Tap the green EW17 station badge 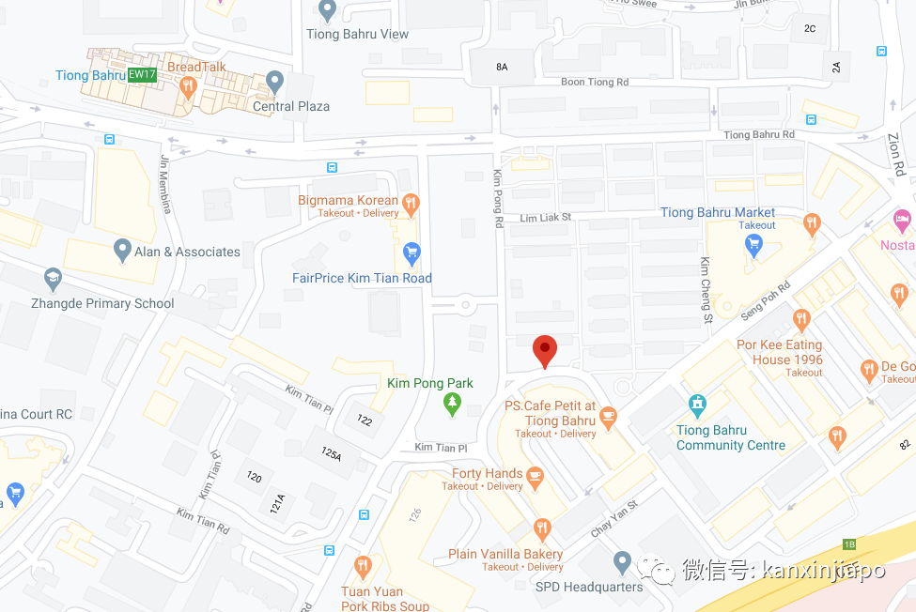tap(141, 75)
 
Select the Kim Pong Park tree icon tap(453, 404)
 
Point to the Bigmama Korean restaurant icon tap(411, 202)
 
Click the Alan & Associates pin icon tap(121, 250)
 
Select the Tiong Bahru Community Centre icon tap(697, 405)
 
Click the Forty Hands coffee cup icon tap(536, 477)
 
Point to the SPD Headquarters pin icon tap(621, 562)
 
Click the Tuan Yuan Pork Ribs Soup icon tap(362, 566)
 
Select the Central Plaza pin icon tap(274, 82)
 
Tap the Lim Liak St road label tap(546, 218)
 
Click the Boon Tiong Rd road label tap(595, 83)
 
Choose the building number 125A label tap(331, 453)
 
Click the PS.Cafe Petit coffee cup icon tap(608, 414)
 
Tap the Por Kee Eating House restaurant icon tap(801, 319)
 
